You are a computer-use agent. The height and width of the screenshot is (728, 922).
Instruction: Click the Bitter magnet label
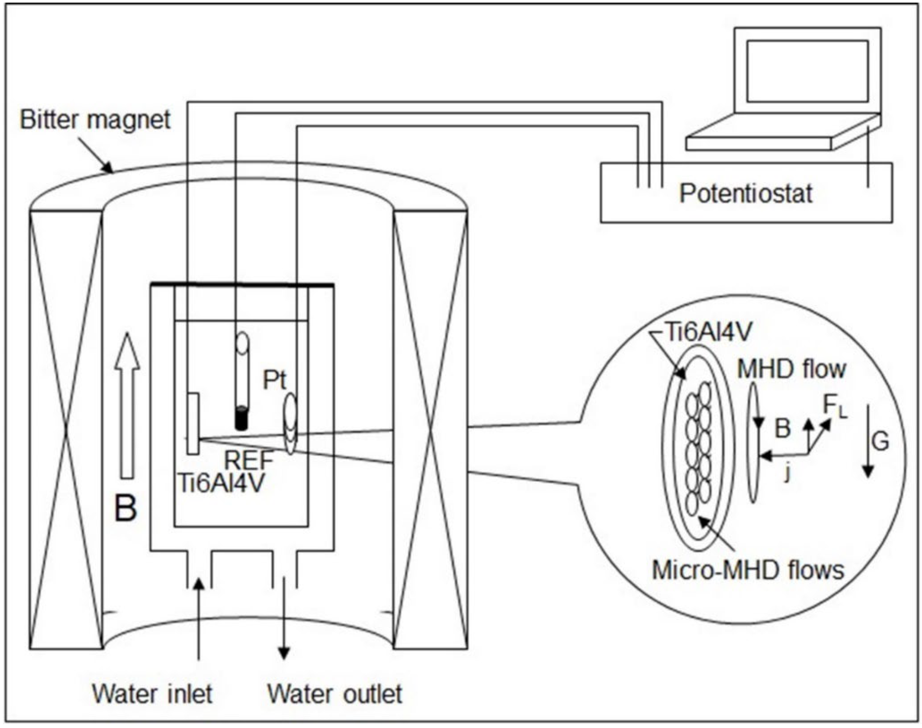tap(94, 120)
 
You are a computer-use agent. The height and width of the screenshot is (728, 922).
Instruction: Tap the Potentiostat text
tap(745, 194)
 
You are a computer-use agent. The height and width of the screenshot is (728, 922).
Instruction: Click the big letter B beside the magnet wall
tap(126, 508)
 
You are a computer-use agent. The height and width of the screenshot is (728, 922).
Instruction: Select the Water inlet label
tap(152, 694)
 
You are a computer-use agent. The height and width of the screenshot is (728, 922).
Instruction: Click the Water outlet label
tap(334, 694)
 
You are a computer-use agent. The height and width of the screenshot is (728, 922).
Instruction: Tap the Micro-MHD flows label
tap(748, 570)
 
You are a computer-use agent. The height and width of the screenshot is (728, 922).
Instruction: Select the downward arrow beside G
tap(868, 441)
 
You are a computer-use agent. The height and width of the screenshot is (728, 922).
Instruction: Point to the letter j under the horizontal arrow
tap(787, 474)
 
